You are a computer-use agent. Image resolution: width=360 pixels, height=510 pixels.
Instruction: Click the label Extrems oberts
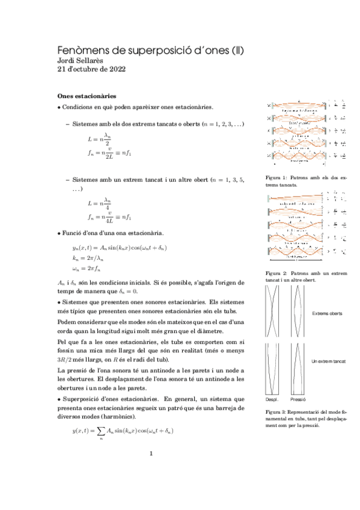click(x=328, y=313)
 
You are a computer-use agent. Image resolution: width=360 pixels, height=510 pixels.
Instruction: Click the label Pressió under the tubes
click(x=298, y=399)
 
